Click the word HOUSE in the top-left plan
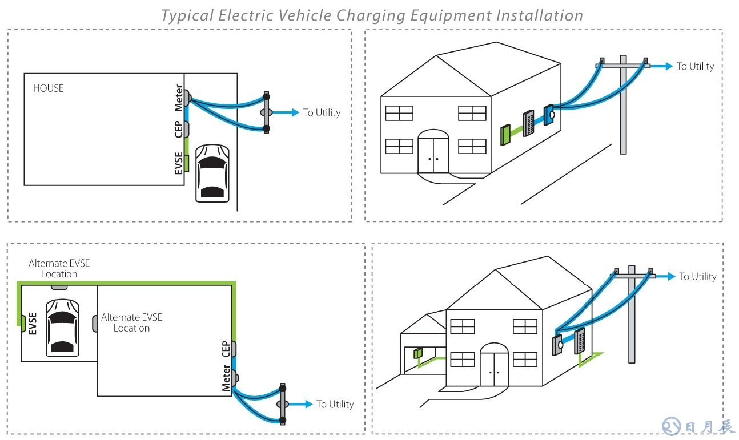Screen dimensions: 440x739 pos(48,88)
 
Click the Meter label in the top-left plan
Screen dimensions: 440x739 pos(179,98)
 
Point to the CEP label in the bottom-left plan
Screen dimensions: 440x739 pos(226,349)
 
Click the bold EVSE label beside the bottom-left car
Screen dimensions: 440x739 pos(33,323)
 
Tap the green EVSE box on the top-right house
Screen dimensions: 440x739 pos(505,135)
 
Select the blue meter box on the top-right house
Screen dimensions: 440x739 pos(548,115)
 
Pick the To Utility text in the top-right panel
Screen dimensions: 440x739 pos(695,66)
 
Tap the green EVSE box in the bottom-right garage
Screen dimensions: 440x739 pos(417,353)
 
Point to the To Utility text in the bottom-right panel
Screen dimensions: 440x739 pos(697,276)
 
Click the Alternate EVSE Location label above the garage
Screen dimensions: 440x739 pos(59,268)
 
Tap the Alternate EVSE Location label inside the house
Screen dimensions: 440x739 pos(131,322)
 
